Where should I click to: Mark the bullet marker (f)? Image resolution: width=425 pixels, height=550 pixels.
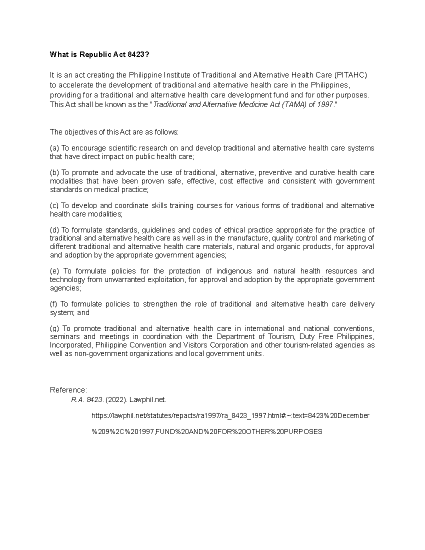[x=54, y=304]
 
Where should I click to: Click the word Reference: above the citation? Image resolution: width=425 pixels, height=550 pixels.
[x=68, y=390]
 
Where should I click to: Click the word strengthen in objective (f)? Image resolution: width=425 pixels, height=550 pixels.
[x=160, y=304]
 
